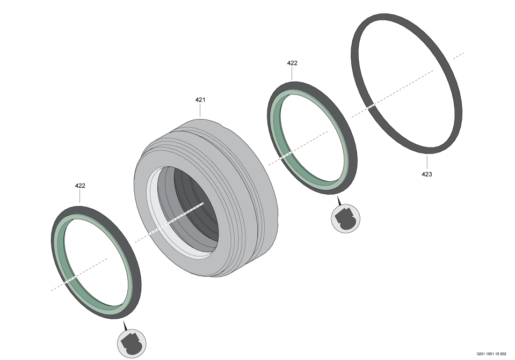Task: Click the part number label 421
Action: pyautogui.click(x=200, y=100)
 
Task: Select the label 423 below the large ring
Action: pyautogui.click(x=426, y=174)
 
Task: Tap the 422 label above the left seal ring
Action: pyautogui.click(x=80, y=186)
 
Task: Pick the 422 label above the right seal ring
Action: pyautogui.click(x=292, y=63)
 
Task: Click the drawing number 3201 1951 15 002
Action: pyautogui.click(x=491, y=354)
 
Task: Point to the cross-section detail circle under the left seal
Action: pyautogui.click(x=132, y=343)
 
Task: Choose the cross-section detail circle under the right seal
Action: pyautogui.click(x=345, y=218)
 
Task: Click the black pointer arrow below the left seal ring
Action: pyautogui.click(x=125, y=326)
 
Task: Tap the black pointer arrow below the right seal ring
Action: pyautogui.click(x=339, y=201)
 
